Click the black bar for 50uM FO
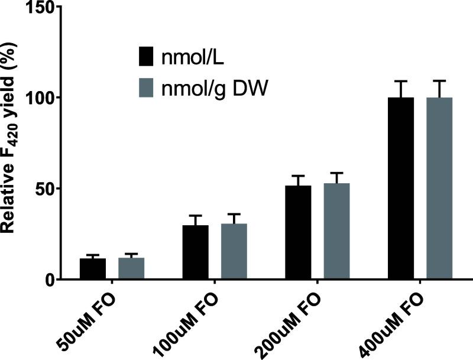[x=93, y=269]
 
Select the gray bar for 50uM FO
[x=131, y=269]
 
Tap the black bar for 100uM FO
[x=195, y=252]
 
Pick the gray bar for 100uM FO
[x=234, y=252]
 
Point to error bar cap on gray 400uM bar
[x=439, y=81]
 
